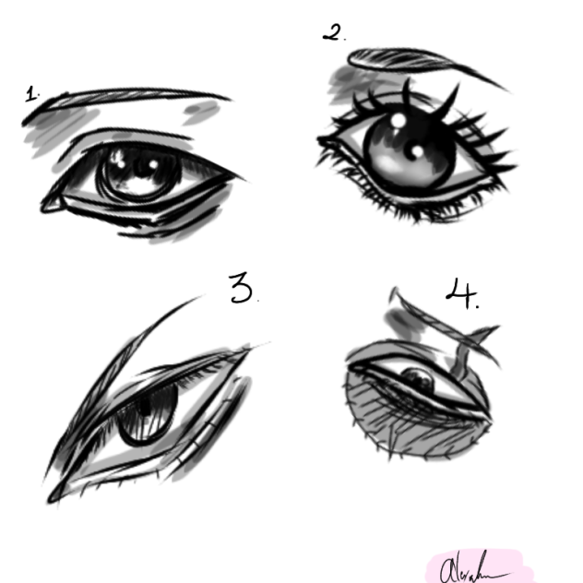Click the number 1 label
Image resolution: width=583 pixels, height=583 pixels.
point(33,93)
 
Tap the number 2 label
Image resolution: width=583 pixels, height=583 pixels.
point(333,33)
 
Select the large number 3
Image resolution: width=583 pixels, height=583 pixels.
point(242,290)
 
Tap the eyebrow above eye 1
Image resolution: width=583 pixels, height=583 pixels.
point(129,98)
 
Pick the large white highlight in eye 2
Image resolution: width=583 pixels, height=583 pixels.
point(399,121)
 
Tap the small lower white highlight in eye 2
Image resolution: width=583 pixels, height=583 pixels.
point(417,150)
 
